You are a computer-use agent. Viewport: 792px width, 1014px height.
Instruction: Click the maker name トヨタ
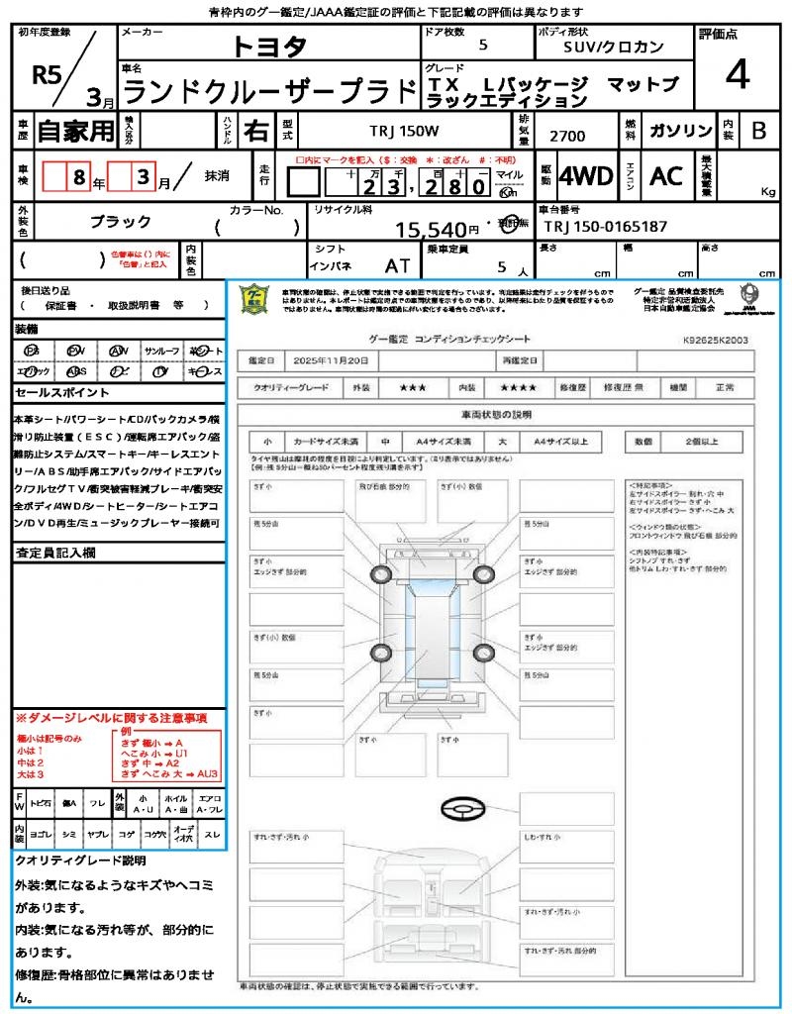pyautogui.click(x=269, y=47)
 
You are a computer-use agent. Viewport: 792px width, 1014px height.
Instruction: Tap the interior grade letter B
pyautogui.click(x=758, y=130)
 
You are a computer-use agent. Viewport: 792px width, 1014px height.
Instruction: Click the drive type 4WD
pyautogui.click(x=585, y=176)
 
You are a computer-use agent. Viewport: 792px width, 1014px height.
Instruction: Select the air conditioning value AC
pyautogui.click(x=666, y=176)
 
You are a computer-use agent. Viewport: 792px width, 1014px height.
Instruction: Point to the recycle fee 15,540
pyautogui.click(x=431, y=231)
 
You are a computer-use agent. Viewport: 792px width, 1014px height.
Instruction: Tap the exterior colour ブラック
pyautogui.click(x=121, y=222)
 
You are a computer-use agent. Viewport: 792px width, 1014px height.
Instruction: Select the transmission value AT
pyautogui.click(x=398, y=265)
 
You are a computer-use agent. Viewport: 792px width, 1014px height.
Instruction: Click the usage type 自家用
pyautogui.click(x=75, y=130)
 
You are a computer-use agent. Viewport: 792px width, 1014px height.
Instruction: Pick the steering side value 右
pyautogui.click(x=256, y=130)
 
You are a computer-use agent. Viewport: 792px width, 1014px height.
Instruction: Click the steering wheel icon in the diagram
pyautogui.click(x=461, y=810)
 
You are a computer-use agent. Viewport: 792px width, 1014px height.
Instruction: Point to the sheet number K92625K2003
pyautogui.click(x=715, y=339)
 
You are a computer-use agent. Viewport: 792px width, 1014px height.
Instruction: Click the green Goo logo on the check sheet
pyautogui.click(x=255, y=298)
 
